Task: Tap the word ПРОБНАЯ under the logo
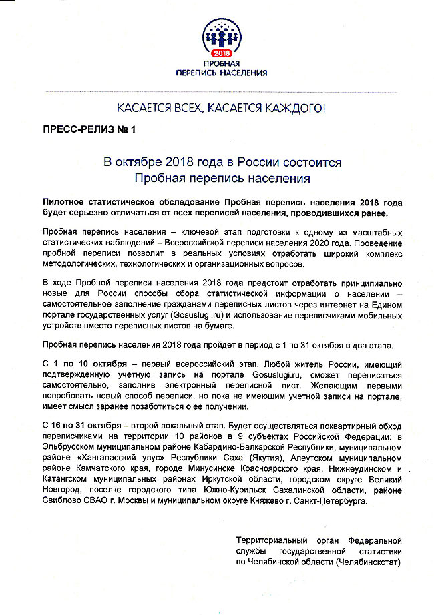(x=220, y=64)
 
